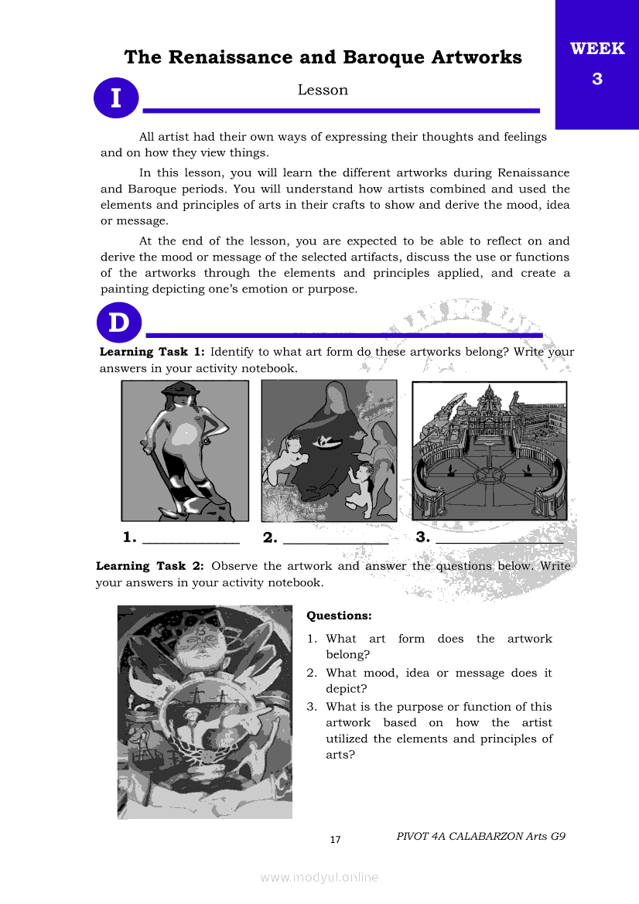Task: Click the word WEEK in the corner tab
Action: [x=597, y=49]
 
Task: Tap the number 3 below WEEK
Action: [x=597, y=78]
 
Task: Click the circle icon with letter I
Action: [x=116, y=99]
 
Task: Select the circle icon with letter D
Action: [x=119, y=322]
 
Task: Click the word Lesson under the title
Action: [x=323, y=90]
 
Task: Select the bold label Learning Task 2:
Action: [x=150, y=566]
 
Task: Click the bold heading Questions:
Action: [x=340, y=616]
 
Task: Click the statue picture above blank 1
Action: [x=185, y=450]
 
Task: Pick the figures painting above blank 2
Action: [x=329, y=450]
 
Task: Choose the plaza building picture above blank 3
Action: [x=489, y=450]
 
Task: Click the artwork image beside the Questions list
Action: [x=205, y=711]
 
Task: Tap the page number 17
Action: [x=335, y=840]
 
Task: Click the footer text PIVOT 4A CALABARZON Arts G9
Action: [x=481, y=836]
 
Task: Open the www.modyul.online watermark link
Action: [x=319, y=877]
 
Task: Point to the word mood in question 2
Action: [x=380, y=673]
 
